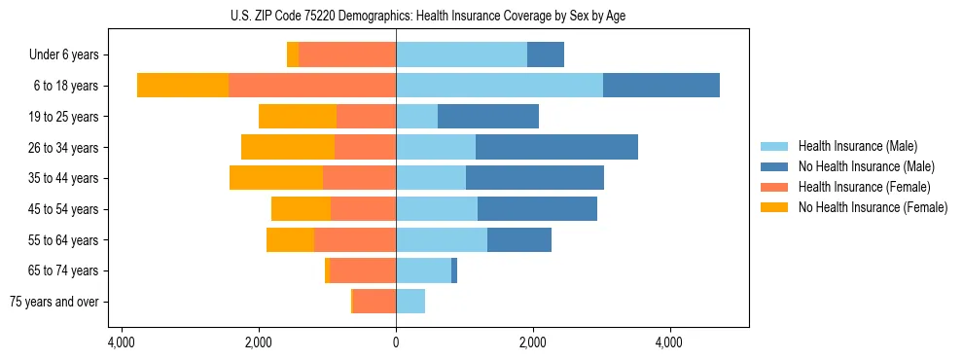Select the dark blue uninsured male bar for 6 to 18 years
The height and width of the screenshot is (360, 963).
[661, 86]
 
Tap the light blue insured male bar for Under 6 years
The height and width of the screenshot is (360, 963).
[461, 54]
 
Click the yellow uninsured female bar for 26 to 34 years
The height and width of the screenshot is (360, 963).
[288, 147]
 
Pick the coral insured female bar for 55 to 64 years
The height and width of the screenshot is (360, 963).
[355, 239]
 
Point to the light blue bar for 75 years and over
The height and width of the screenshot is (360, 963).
[410, 302]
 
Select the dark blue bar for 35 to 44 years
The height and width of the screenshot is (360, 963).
[535, 178]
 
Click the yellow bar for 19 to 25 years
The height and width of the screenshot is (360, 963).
[298, 117]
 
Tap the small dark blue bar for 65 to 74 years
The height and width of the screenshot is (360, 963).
[454, 270]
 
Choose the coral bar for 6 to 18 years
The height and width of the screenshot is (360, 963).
[312, 86]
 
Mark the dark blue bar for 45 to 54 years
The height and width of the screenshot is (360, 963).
[537, 209]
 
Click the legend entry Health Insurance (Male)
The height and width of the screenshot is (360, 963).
[857, 146]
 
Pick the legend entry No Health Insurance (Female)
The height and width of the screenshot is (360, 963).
[872, 207]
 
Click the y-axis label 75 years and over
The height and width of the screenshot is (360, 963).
[53, 302]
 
